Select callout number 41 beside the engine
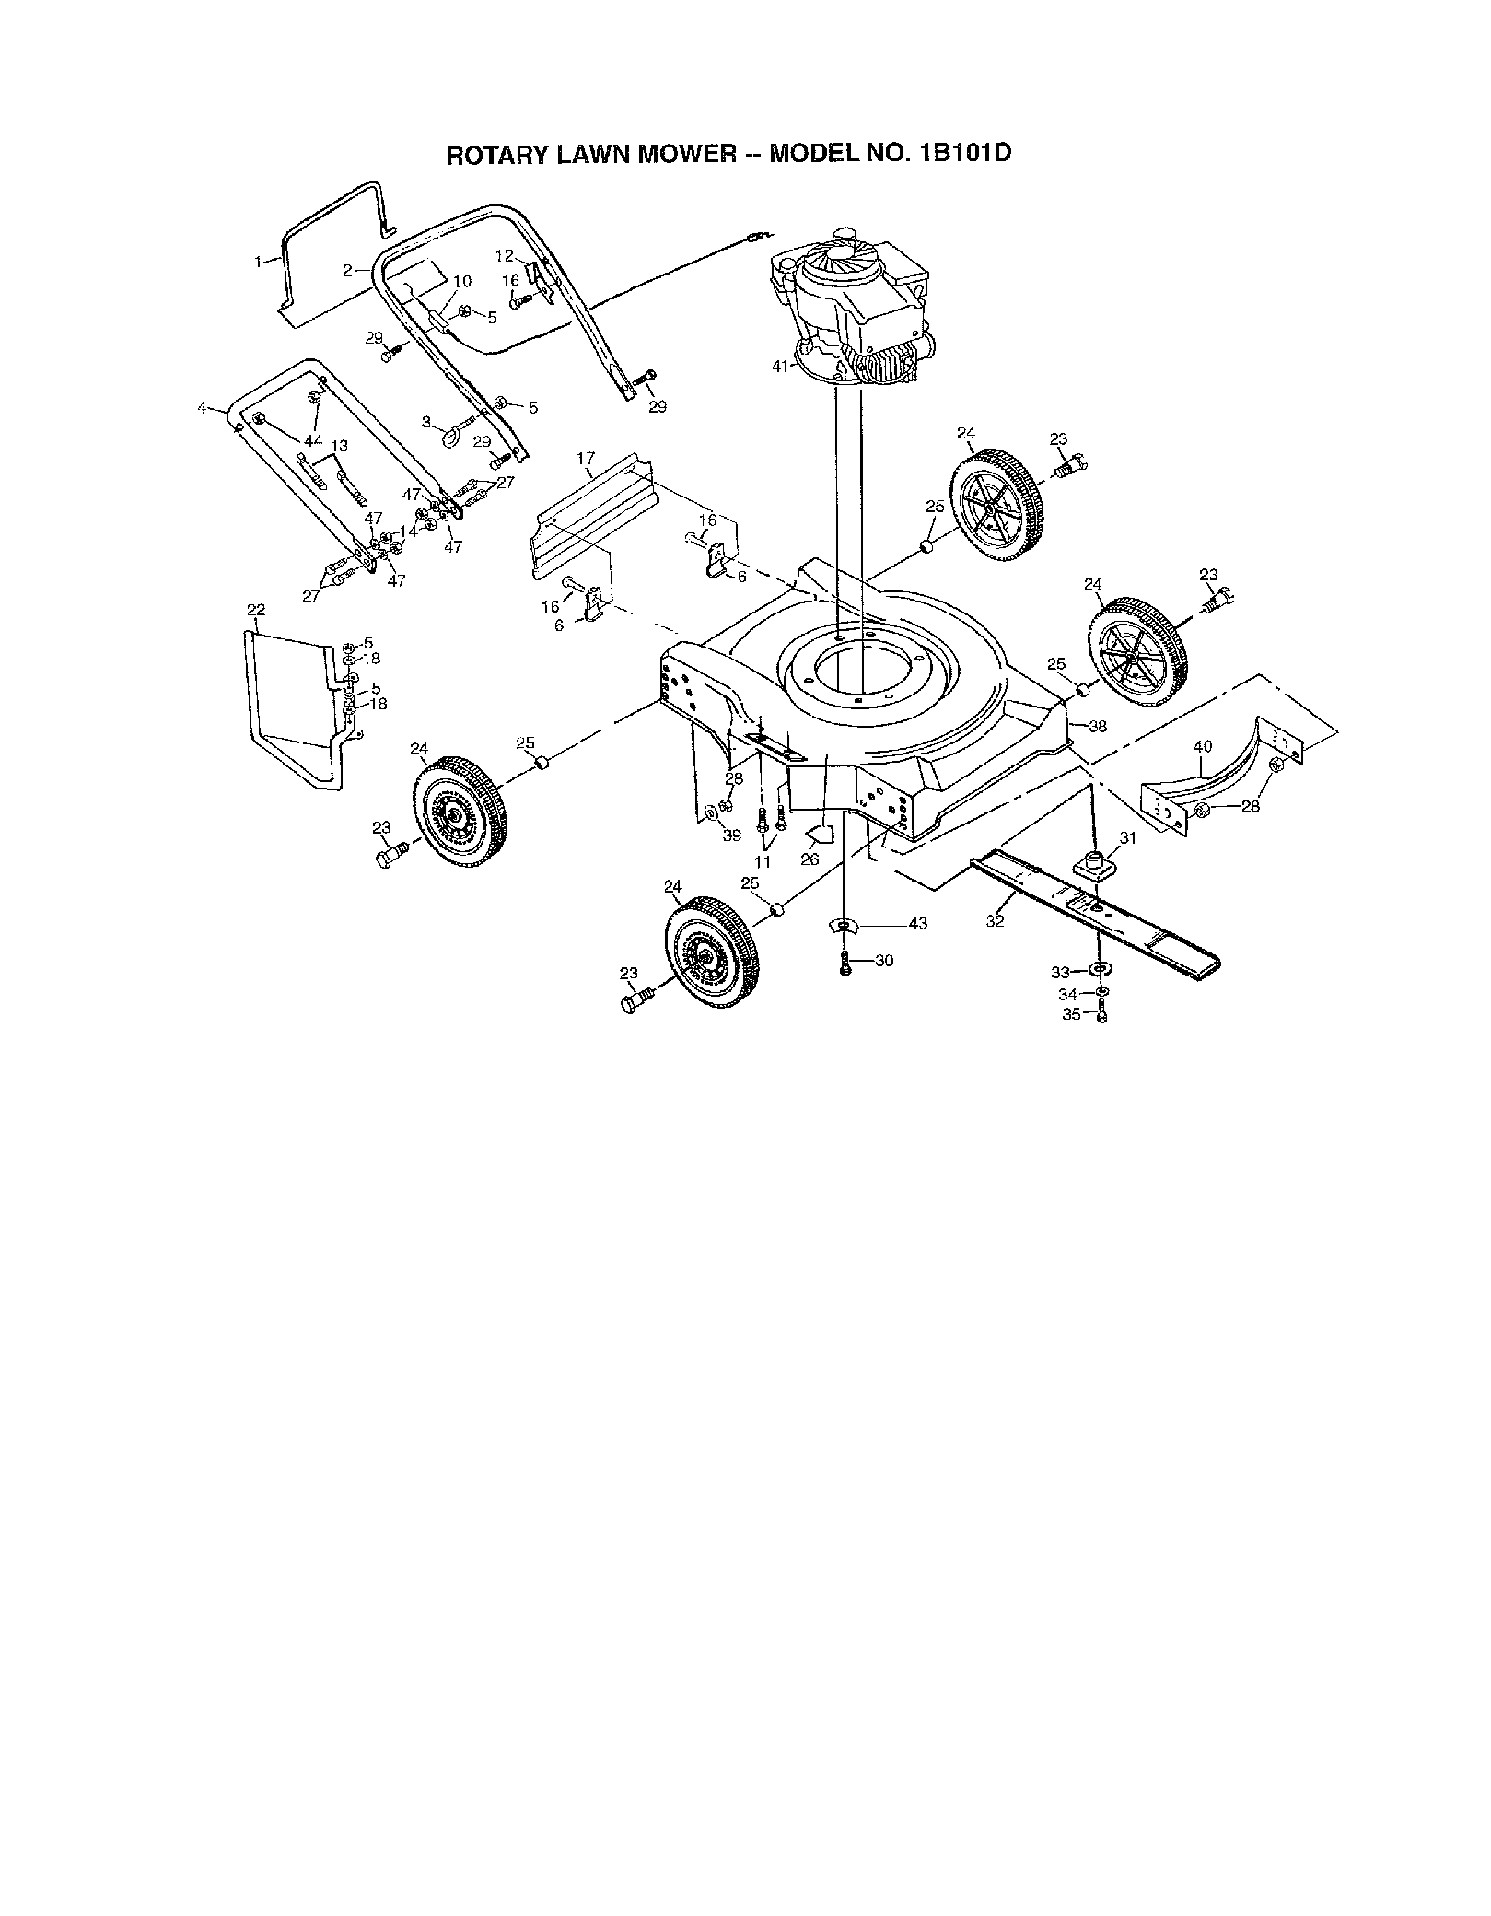pos(781,367)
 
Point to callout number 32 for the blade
pos(995,920)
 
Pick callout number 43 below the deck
pos(918,924)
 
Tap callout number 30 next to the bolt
pos(883,961)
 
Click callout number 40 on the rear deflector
pos(1203,747)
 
